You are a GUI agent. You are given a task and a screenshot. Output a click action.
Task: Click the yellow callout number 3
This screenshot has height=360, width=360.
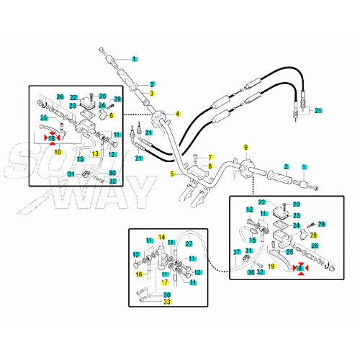[x=151, y=93]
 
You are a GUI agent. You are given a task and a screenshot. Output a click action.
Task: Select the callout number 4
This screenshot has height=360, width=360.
[x=177, y=114]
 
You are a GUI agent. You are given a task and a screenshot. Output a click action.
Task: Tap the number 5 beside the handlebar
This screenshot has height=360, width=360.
[x=172, y=174]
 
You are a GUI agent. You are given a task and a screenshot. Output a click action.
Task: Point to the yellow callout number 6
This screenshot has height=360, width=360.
[x=111, y=115]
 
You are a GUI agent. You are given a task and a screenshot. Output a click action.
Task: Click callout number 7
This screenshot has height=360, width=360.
[x=210, y=158]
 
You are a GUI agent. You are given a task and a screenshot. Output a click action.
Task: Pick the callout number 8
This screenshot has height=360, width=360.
[x=210, y=166]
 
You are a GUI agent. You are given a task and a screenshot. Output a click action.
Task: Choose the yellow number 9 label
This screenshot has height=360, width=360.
[x=246, y=147]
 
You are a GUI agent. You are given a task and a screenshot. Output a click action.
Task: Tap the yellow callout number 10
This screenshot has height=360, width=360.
[x=58, y=152]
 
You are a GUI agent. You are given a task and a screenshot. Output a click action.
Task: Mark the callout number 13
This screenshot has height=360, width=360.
[x=95, y=153]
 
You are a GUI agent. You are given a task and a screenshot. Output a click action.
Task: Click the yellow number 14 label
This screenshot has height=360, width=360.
[x=161, y=238]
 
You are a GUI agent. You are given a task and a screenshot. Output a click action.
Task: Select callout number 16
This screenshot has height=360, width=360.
[x=139, y=274]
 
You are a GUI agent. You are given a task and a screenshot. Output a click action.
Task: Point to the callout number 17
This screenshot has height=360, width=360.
[x=164, y=282]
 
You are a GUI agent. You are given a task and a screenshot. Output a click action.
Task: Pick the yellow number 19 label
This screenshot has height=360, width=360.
[x=271, y=266]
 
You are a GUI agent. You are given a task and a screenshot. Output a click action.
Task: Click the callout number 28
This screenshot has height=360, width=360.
[x=313, y=235]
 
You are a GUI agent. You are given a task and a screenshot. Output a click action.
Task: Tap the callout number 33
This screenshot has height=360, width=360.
[x=167, y=302]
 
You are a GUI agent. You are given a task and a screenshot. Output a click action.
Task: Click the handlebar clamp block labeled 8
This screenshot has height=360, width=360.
[x=197, y=172]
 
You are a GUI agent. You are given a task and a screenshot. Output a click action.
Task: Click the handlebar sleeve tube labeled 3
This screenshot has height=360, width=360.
[x=142, y=97]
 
